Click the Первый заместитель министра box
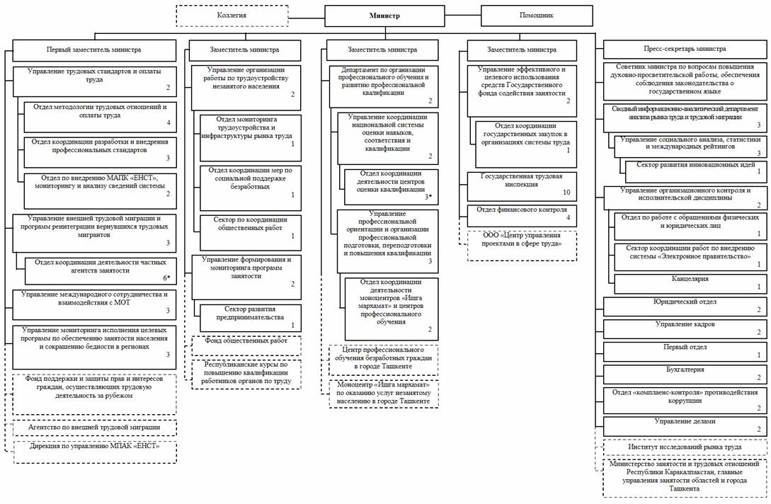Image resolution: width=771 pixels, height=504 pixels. coord(93,50)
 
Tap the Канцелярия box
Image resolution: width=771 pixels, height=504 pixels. coord(690,283)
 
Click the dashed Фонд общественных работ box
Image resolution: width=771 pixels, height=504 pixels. coord(246,345)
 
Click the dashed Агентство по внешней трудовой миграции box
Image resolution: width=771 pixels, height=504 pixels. coord(94,428)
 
